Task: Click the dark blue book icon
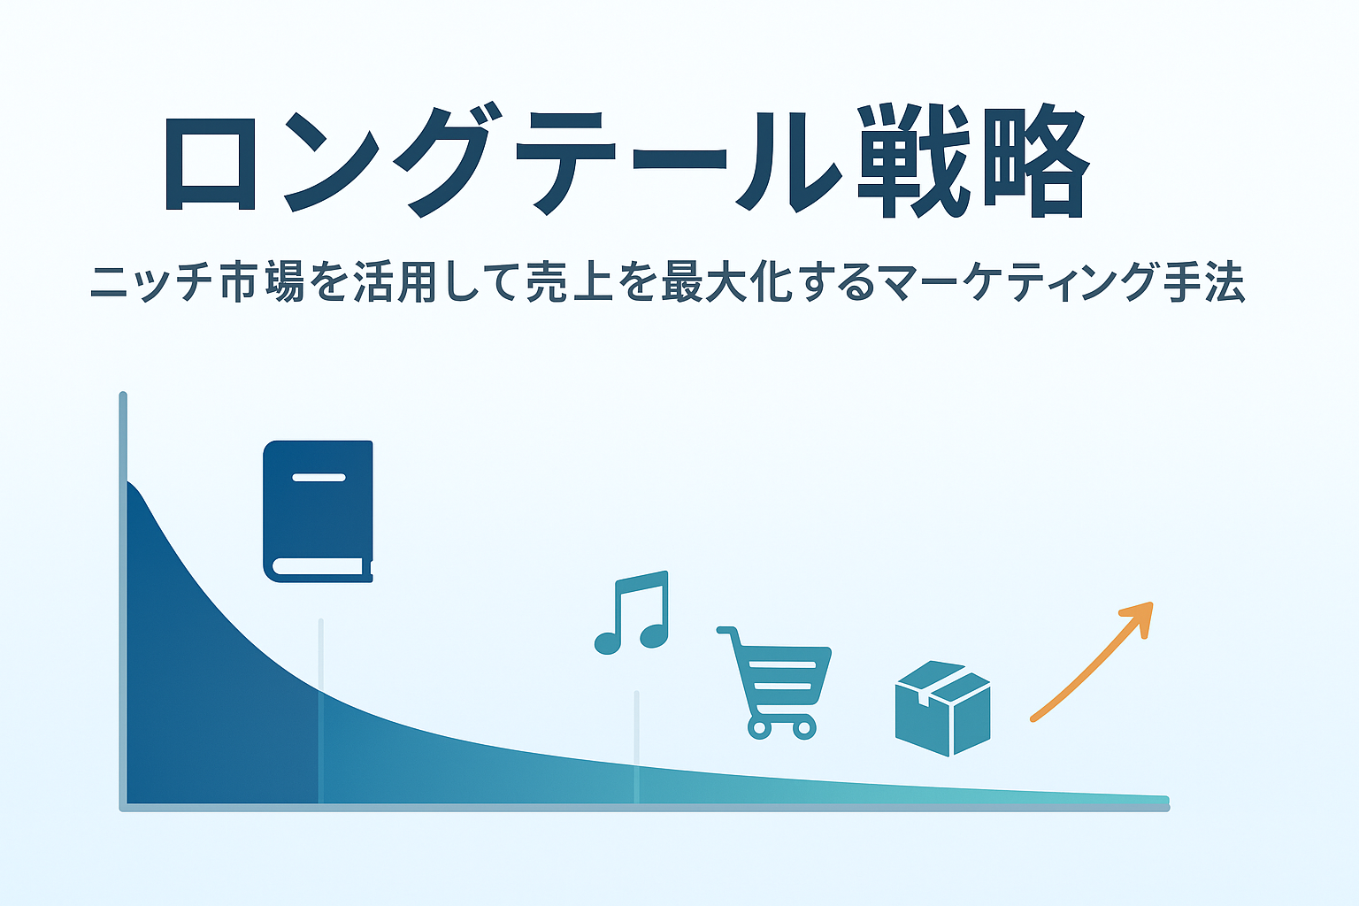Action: [x=318, y=511]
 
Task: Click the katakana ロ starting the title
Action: [x=210, y=164]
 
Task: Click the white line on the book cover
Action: [x=319, y=478]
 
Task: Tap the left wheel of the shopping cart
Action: [x=759, y=729]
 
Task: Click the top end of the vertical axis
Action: [x=123, y=395]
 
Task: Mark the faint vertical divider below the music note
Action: [x=636, y=748]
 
